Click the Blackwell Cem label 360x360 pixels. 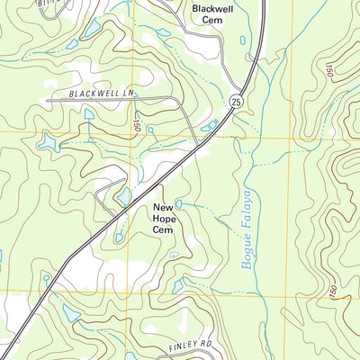tap(211, 13)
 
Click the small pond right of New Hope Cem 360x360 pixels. tap(180, 204)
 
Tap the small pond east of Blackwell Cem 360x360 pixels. tap(242, 39)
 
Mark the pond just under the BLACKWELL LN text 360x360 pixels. tap(89, 114)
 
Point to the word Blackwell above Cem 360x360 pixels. tap(211, 7)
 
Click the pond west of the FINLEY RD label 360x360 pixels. tap(71, 312)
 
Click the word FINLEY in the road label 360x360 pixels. tap(178, 345)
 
